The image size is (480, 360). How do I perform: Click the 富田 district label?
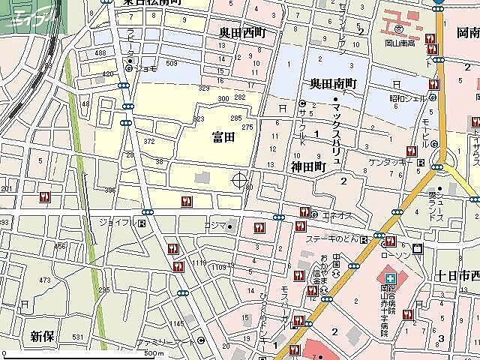pos(223,136)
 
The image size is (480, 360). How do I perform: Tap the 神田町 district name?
pos(307,167)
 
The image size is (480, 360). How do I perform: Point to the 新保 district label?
pos(43,336)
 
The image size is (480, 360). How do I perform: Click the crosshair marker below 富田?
pos(240,180)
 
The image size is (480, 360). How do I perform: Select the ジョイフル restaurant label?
pos(115,223)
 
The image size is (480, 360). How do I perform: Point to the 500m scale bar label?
pos(154,353)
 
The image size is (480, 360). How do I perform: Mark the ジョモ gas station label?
pos(145,67)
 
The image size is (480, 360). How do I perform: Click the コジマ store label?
pos(214,225)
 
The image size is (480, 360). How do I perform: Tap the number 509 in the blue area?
pos(171,64)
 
